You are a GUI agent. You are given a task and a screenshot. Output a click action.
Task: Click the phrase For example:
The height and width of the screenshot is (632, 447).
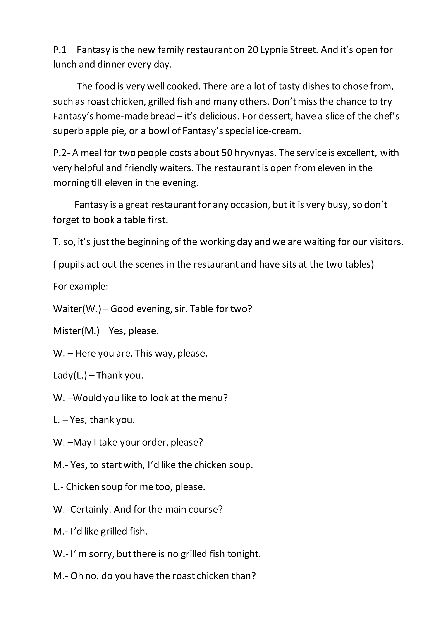(x=80, y=287)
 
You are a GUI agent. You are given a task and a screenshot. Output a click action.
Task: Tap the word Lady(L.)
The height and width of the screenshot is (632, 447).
(x=70, y=375)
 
